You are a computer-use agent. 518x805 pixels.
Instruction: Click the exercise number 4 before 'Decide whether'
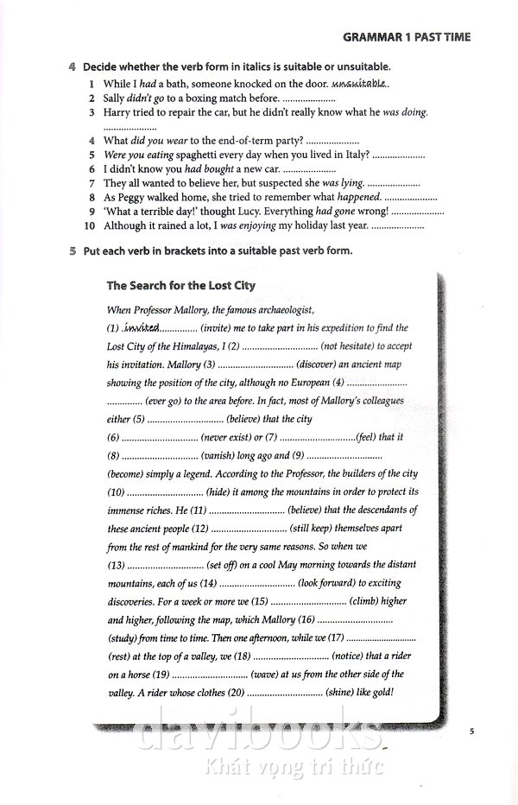74,67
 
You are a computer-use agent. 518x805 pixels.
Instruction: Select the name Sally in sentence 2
117,98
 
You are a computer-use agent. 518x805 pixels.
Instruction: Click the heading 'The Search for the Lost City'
180,286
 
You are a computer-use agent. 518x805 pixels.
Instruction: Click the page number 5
472,732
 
